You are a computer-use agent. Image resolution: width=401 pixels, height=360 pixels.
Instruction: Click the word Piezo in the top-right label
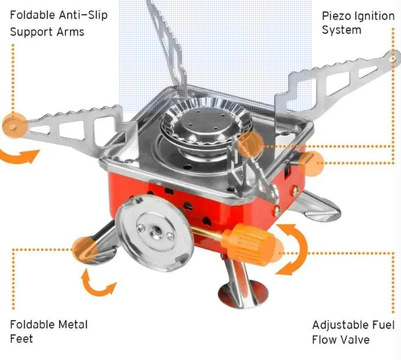pos(337,14)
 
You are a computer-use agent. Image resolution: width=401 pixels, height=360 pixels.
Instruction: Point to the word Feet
pos(21,339)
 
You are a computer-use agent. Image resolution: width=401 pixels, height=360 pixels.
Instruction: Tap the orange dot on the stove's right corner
pos(310,163)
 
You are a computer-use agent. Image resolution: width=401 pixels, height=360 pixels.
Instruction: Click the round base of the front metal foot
pos(238,295)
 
